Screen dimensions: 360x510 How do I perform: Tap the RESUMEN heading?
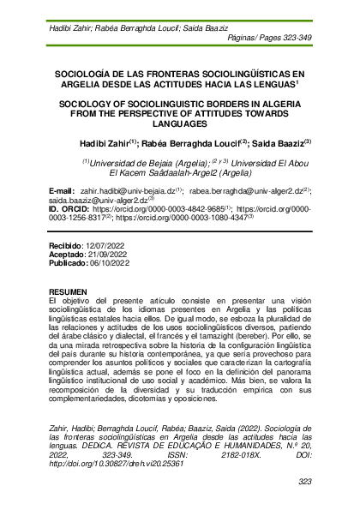[68, 293]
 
